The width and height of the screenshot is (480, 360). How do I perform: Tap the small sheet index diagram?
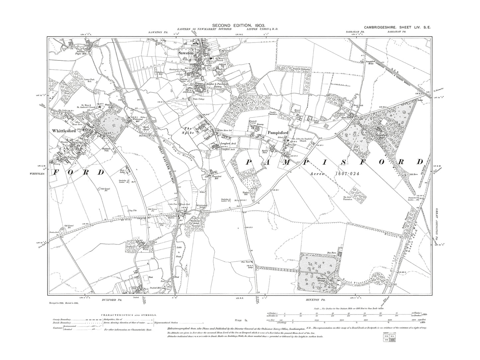click(x=388, y=345)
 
